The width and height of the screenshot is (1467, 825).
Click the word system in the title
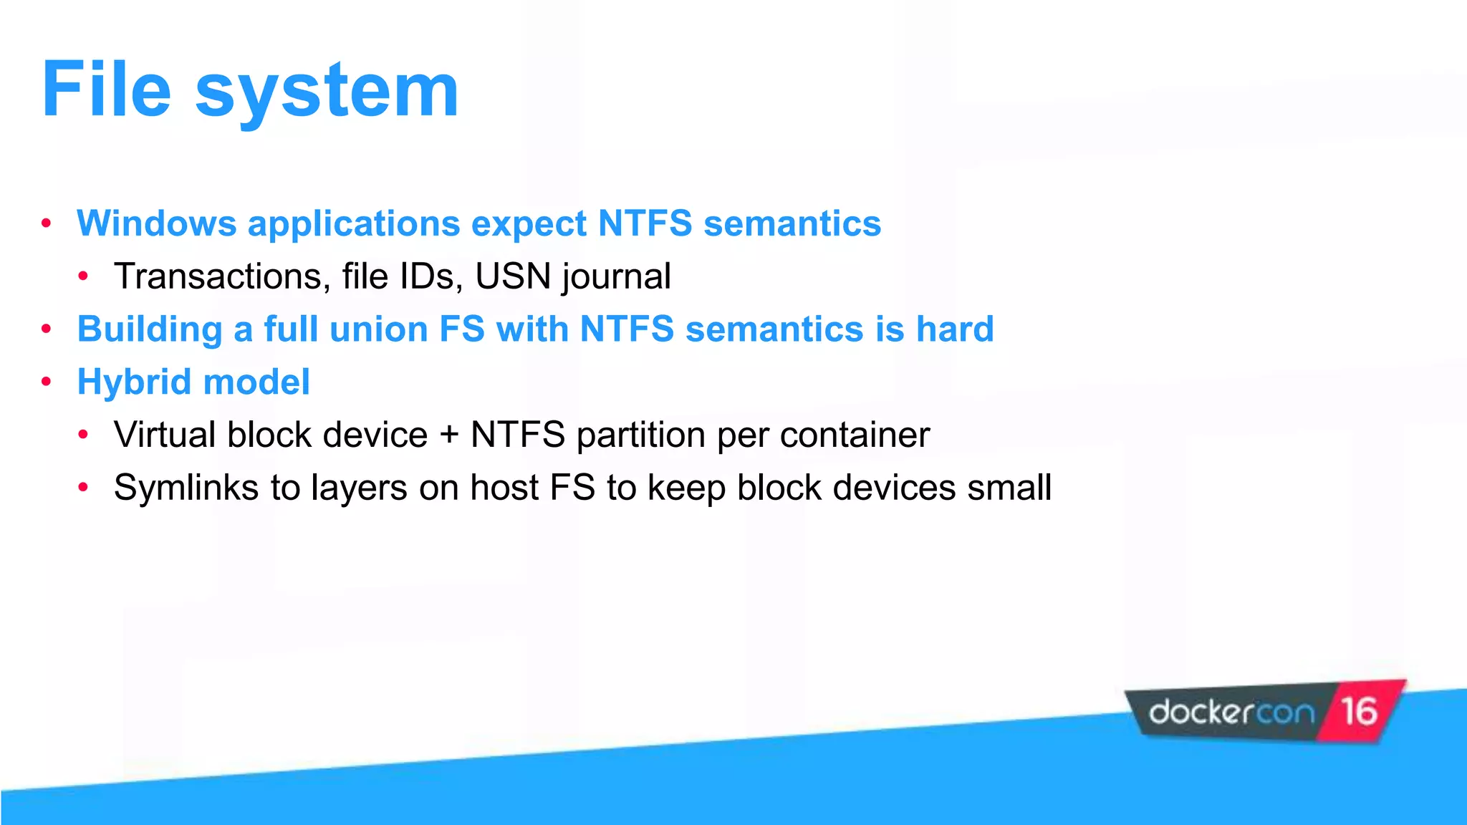(x=327, y=93)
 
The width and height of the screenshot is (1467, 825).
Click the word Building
(x=150, y=330)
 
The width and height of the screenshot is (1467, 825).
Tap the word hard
(x=955, y=329)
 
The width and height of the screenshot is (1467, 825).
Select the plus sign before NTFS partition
(x=449, y=435)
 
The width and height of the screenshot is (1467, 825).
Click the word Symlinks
(x=186, y=488)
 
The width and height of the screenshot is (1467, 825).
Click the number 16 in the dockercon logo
(x=1359, y=712)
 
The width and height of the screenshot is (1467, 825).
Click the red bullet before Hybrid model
(x=47, y=382)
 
